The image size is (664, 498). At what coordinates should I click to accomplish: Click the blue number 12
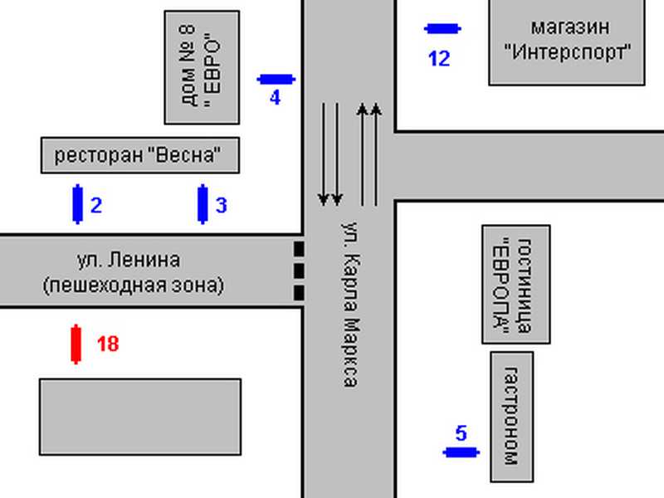tap(439, 58)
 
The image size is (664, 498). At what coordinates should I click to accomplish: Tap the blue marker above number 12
tap(442, 29)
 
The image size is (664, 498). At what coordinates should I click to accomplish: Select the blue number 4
tap(275, 98)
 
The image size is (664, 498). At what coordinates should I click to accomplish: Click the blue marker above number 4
tap(276, 79)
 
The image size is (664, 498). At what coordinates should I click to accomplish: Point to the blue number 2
tap(96, 205)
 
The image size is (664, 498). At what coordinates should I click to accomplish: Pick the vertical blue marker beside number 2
tap(77, 204)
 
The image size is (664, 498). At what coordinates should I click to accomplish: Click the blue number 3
tap(222, 205)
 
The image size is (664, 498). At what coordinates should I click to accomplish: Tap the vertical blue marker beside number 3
tap(203, 204)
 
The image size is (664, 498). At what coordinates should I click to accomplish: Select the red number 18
tap(108, 344)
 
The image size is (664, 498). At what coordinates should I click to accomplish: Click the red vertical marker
tap(76, 344)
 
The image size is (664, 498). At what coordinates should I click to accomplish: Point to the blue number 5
tap(461, 433)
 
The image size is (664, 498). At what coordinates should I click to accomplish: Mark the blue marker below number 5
tap(461, 452)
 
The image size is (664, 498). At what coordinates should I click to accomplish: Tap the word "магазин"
tap(570, 28)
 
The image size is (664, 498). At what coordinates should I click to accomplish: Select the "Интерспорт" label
tap(568, 52)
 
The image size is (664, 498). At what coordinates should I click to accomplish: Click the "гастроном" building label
tap(511, 417)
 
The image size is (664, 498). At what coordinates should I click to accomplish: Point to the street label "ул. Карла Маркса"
tap(350, 305)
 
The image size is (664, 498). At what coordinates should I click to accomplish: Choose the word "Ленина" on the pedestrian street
tap(144, 260)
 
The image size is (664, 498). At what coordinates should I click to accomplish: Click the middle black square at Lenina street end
tap(299, 271)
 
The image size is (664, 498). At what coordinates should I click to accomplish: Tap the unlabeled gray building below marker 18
tap(140, 417)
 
